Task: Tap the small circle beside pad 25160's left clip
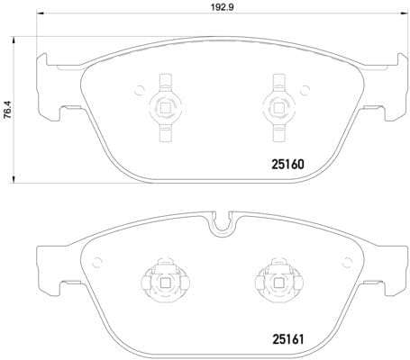(x=140, y=89)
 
